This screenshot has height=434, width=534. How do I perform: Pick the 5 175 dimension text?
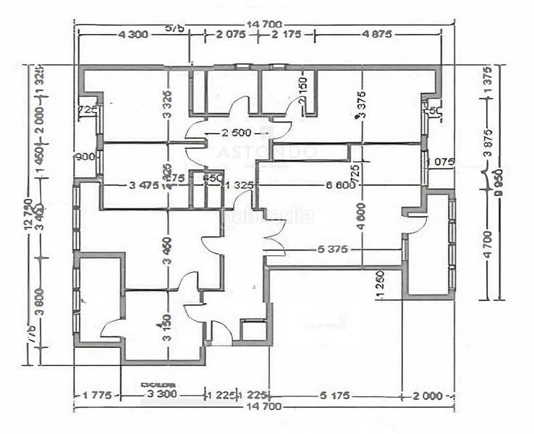[x=335, y=395]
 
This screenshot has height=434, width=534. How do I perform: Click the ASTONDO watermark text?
[x=268, y=153]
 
